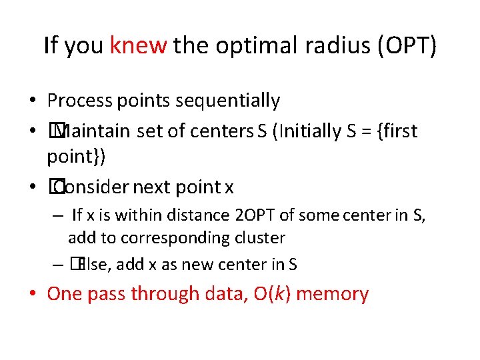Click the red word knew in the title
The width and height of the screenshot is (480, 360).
(138, 45)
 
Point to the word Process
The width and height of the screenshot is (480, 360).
(80, 101)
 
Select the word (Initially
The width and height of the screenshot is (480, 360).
(298, 131)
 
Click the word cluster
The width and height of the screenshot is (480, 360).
(263, 238)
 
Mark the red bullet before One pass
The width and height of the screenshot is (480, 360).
(33, 294)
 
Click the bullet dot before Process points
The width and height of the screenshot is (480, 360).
(33, 101)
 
